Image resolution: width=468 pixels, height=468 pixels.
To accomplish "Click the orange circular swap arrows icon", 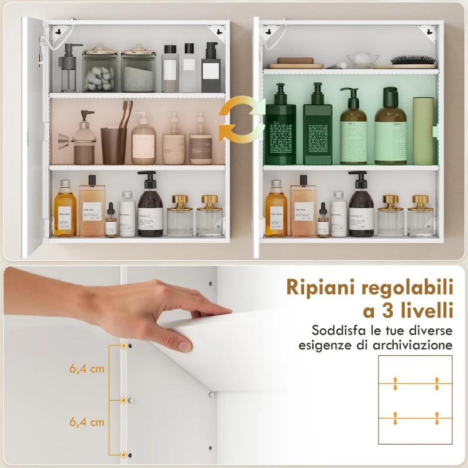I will (x=242, y=120).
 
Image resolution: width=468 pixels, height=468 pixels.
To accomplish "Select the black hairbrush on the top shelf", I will (x=413, y=61).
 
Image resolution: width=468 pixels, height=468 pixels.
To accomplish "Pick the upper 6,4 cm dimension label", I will (x=87, y=369).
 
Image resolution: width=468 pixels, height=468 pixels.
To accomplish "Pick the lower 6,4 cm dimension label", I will (x=87, y=421).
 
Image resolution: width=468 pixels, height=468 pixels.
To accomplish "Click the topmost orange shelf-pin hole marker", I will (x=123, y=346).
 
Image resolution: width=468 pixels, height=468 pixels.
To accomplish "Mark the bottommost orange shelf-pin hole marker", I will (x=123, y=455).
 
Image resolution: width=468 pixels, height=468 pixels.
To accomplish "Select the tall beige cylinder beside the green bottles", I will (x=423, y=130).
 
